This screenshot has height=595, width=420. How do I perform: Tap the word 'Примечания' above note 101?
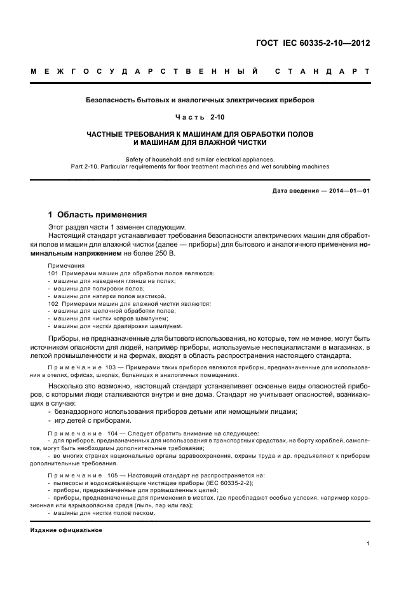pos(65,266)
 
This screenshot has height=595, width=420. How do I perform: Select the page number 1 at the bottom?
pos(368,544)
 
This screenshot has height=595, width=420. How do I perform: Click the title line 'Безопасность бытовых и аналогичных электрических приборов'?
pos(200,100)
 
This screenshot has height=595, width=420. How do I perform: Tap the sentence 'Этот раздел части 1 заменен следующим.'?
pos(118,226)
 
